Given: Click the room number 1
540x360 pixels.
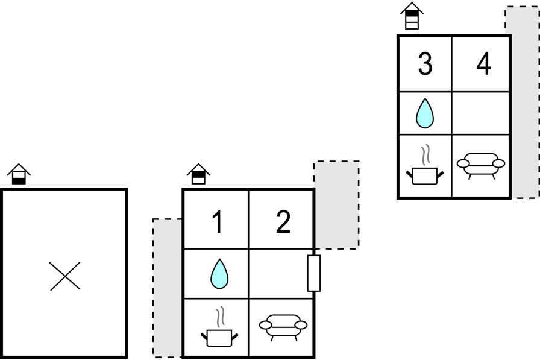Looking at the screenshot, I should point(217,223).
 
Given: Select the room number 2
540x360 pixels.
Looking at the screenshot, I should point(283,223).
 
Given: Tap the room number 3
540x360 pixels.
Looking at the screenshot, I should point(425,65).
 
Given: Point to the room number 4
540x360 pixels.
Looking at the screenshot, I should point(483,65).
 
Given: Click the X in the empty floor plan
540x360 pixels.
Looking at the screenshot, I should point(65,276).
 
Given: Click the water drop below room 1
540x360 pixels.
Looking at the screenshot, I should point(219,274).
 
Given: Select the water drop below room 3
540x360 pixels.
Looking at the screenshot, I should point(425,113).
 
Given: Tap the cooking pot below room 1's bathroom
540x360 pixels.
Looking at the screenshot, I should point(219,336).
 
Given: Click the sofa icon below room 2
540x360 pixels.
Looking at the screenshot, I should point(283,326).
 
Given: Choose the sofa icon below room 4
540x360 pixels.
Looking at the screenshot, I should point(481,163).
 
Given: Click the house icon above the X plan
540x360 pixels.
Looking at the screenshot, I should point(19,174).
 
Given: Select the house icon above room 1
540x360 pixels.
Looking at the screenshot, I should point(198,174).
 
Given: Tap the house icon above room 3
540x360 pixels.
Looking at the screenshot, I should point(412,16).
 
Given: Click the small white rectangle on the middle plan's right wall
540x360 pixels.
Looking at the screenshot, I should point(313,273).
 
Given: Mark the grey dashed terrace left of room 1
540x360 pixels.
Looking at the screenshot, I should point(168,288).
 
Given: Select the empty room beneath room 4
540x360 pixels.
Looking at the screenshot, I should point(481,113).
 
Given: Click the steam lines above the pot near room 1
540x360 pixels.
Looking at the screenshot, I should point(221,317).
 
